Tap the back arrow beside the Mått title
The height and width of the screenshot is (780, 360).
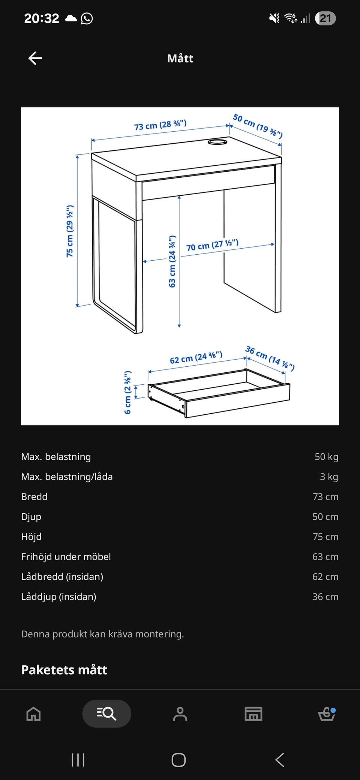click(35, 58)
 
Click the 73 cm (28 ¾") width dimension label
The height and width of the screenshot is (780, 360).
click(160, 124)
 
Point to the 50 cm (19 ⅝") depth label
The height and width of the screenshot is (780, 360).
click(258, 126)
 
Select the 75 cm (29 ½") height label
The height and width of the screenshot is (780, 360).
click(70, 231)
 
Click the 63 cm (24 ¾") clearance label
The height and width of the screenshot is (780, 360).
click(172, 261)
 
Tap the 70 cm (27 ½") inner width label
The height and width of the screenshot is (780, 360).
click(212, 245)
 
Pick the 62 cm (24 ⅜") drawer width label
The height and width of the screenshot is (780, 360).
click(196, 357)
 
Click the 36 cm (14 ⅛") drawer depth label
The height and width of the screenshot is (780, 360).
click(270, 358)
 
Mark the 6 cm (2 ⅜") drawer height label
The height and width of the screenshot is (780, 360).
click(127, 392)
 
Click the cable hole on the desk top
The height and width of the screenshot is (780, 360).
click(217, 142)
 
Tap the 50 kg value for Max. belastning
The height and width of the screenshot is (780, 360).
click(326, 457)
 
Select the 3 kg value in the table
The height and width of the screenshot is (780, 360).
click(329, 477)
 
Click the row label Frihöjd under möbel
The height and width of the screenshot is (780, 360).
click(66, 556)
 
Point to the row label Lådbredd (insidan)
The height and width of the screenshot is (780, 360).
click(62, 577)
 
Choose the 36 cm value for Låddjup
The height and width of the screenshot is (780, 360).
click(325, 597)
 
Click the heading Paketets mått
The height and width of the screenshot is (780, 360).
click(64, 670)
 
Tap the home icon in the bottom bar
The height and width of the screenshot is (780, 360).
click(33, 714)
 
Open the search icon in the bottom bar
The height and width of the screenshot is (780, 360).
click(106, 714)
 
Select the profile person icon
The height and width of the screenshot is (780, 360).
click(180, 714)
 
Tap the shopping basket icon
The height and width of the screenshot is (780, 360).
click(327, 714)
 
